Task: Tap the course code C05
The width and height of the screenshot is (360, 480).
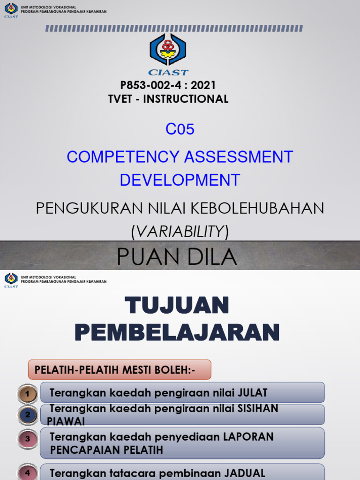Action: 180,129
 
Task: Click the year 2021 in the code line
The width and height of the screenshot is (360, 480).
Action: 204,85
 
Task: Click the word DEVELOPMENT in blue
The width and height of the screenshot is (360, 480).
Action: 180,180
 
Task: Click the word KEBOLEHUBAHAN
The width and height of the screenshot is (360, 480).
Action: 257,208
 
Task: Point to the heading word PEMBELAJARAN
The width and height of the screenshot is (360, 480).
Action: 177,332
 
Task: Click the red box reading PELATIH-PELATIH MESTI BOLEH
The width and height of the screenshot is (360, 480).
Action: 120,370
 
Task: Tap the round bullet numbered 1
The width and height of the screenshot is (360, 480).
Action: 28,394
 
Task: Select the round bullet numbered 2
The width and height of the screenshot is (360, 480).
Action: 28,414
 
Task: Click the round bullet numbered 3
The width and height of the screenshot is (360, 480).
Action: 28,439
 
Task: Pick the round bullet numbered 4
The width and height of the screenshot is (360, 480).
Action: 28,472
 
